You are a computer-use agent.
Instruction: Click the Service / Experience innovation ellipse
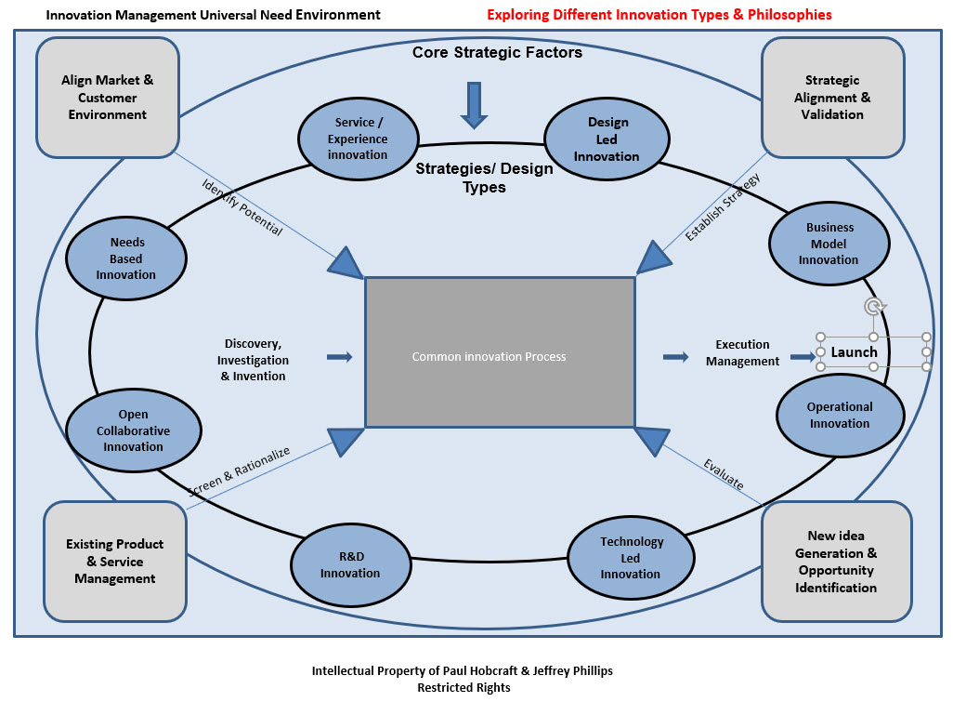pyautogui.click(x=358, y=139)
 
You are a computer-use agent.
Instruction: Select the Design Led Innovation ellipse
pyautogui.click(x=607, y=139)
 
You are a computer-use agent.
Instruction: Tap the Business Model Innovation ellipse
pyautogui.click(x=829, y=243)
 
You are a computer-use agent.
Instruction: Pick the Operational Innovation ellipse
pyautogui.click(x=839, y=415)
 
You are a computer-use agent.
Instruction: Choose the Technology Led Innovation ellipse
pyautogui.click(x=630, y=557)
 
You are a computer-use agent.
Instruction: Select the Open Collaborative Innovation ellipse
pyautogui.click(x=134, y=430)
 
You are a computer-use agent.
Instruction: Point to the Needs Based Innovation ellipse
pyautogui.click(x=126, y=258)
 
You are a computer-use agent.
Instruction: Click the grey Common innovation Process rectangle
pyautogui.click(x=500, y=352)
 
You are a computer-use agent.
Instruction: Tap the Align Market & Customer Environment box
pyautogui.click(x=108, y=98)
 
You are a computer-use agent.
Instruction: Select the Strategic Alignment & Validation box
pyautogui.click(x=832, y=98)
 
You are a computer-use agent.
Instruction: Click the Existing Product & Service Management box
pyautogui.click(x=115, y=562)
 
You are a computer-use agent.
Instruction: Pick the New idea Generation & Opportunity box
pyautogui.click(x=835, y=562)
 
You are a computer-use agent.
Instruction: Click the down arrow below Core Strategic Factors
pyautogui.click(x=475, y=104)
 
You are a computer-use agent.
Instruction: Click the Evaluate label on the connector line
pyautogui.click(x=723, y=474)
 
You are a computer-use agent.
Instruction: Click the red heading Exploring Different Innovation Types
pyautogui.click(x=659, y=15)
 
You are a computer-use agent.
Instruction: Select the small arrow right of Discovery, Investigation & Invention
pyautogui.click(x=340, y=356)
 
